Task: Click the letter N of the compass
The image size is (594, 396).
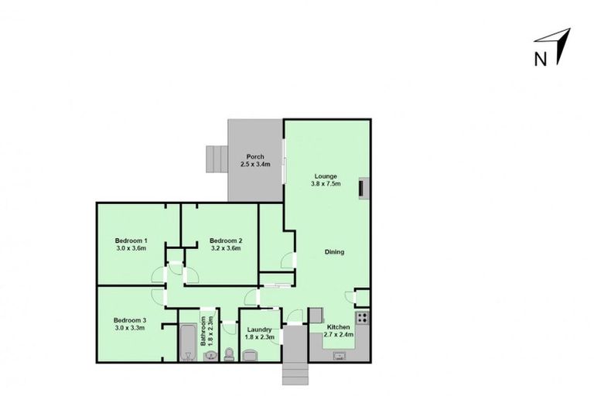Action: [x=541, y=58]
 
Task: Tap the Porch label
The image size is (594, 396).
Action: [x=255, y=157]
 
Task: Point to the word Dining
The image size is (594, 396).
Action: [x=334, y=252]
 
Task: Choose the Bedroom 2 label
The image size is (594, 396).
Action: [x=226, y=241]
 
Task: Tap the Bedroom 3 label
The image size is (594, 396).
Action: [x=130, y=320]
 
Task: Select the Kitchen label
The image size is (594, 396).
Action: [x=339, y=327]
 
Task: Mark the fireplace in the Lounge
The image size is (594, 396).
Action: [x=361, y=189]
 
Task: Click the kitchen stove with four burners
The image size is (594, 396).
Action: [x=362, y=317]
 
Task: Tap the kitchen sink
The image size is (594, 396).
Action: [x=339, y=356]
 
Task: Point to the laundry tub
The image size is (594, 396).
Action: [x=250, y=355]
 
